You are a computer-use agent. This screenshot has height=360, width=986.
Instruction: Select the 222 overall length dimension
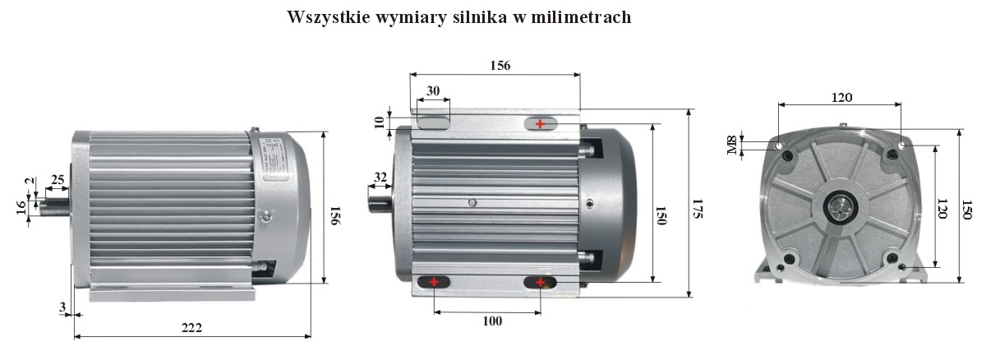click(x=191, y=326)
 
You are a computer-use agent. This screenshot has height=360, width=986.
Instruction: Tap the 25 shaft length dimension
click(x=58, y=179)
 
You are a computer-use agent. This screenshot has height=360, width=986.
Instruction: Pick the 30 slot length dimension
click(x=432, y=90)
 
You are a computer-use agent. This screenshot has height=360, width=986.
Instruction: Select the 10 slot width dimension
click(x=379, y=122)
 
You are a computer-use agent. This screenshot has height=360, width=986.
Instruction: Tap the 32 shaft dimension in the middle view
click(x=380, y=177)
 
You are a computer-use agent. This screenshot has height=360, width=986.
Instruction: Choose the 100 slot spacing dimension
click(x=491, y=321)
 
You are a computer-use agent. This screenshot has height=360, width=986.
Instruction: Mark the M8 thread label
click(x=731, y=145)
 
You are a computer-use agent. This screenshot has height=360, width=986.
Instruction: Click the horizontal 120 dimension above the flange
click(x=841, y=97)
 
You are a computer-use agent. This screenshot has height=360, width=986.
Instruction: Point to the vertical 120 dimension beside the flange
click(x=942, y=210)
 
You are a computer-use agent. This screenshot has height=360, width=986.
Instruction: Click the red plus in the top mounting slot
click(x=540, y=123)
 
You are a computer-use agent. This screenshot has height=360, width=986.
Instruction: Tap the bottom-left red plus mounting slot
click(x=433, y=283)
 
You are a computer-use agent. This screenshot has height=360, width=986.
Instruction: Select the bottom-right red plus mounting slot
click(x=540, y=283)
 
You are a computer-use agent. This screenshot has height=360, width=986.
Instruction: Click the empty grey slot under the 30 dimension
click(x=432, y=122)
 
